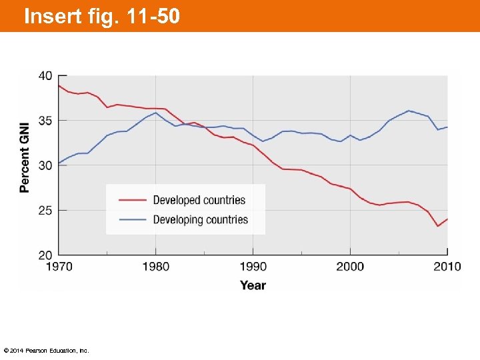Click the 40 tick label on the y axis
[45, 76]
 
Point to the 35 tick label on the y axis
[45, 121]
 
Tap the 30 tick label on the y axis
[45, 165]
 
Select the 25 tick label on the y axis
[45, 210]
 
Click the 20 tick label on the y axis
[45, 255]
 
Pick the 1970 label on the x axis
[59, 267]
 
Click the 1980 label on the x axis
[155, 267]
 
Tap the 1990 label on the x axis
[253, 267]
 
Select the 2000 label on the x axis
[350, 267]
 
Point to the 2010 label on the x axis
[447, 267]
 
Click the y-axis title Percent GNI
[25, 157]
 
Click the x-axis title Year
[253, 285]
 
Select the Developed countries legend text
[199, 200]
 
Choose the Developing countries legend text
[200, 220]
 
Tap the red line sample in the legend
[132, 200]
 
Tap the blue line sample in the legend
[132, 220]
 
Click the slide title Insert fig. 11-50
[101, 16]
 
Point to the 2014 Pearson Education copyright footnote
[46, 351]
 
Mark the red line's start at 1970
[59, 85]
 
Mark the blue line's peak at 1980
[155, 113]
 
